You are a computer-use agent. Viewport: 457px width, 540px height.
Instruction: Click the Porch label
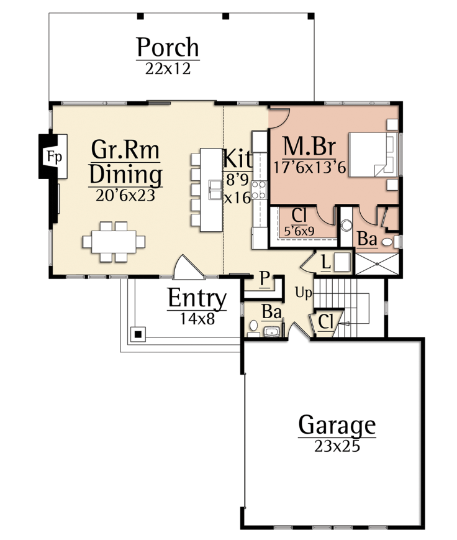168,47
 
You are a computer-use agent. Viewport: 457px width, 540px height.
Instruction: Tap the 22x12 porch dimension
168,68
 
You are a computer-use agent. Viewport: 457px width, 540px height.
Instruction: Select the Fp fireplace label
55,157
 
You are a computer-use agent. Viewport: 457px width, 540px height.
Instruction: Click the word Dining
125,175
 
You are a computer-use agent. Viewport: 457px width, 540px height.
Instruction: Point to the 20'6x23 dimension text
125,195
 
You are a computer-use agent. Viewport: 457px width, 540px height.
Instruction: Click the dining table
114,242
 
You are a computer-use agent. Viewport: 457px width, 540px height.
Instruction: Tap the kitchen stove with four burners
259,190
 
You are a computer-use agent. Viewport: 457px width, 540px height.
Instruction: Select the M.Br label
309,147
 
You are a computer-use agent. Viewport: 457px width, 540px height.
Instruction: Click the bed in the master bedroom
373,155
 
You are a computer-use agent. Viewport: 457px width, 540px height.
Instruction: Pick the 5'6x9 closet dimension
299,231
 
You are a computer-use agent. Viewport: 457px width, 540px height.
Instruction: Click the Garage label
337,426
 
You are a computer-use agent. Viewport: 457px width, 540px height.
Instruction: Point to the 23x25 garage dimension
337,446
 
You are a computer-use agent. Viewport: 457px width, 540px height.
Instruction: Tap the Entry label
197,298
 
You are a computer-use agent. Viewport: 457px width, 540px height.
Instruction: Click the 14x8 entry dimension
197,319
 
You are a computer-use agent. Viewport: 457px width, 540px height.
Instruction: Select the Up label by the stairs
304,293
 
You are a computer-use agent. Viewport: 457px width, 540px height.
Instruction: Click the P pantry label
265,278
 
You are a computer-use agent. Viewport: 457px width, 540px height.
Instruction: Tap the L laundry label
326,262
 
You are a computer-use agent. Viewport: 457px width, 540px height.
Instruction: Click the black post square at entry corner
138,334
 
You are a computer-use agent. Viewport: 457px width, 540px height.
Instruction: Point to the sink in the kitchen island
215,190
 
